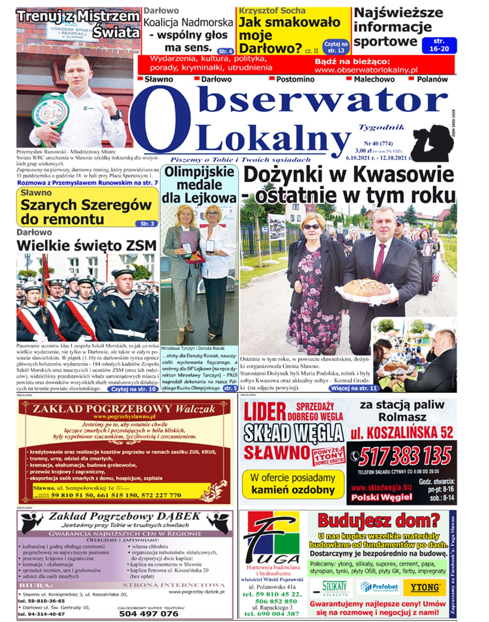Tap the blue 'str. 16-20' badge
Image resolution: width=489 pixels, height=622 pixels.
pyautogui.click(x=439, y=45)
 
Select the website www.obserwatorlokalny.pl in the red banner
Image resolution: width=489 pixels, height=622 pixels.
pyautogui.click(x=366, y=70)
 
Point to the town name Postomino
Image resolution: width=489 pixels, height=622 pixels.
pyautogui.click(x=295, y=79)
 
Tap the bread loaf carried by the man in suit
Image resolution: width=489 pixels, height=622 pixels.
pyautogui.click(x=367, y=287)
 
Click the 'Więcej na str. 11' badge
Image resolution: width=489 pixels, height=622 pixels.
pyautogui.click(x=353, y=388)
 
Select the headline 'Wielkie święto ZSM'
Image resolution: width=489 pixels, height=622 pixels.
pyautogui.click(x=87, y=246)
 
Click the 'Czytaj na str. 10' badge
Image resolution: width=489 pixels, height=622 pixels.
pyautogui.click(x=133, y=389)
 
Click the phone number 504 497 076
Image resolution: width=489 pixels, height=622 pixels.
pyautogui.click(x=149, y=613)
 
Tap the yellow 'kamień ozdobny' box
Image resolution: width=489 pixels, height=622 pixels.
pyautogui.click(x=293, y=484)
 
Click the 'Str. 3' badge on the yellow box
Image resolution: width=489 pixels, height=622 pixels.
pyautogui.click(x=147, y=224)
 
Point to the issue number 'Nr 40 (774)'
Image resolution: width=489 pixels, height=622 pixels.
pyautogui.click(x=378, y=144)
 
